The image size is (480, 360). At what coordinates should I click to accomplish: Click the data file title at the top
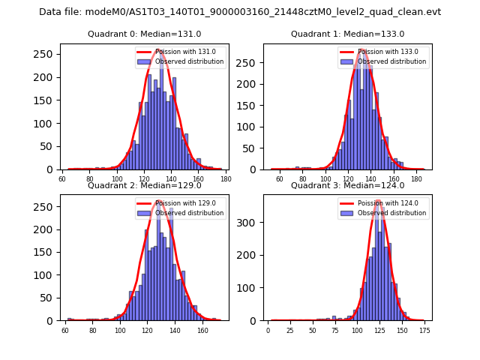pos(240,12)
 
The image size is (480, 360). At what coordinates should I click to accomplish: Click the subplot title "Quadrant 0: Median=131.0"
pos(145,34)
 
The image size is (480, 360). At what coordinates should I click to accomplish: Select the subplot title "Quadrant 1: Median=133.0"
pos(347,34)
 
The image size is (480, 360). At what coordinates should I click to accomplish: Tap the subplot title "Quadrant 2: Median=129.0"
pos(145,185)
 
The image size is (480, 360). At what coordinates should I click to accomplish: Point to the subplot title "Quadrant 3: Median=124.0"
pos(347,185)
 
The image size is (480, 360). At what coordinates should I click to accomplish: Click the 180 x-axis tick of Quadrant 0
pos(226,179)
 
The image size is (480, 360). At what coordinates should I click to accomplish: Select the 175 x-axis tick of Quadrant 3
pos(424,330)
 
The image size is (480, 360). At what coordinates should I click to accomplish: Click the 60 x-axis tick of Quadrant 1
pos(280,179)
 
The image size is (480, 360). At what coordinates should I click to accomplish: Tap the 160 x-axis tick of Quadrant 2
pos(202,330)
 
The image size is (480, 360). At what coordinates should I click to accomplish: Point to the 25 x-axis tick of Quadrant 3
pos(290,330)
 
